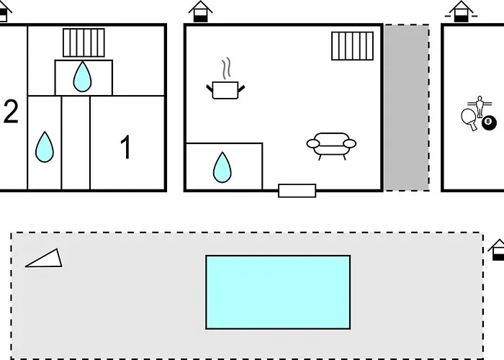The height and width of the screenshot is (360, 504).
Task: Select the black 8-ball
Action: (x=489, y=123)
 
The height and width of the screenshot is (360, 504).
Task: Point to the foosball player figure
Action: (x=480, y=107)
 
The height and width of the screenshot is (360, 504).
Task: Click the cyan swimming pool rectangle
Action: (x=278, y=292)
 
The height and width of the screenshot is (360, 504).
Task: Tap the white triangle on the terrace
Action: (x=45, y=258)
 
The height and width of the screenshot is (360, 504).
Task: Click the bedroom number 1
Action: (x=126, y=147)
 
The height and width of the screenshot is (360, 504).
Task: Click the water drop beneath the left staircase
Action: (x=82, y=76)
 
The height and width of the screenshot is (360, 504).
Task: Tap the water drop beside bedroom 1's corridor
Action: (x=45, y=147)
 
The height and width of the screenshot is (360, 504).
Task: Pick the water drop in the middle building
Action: (x=222, y=168)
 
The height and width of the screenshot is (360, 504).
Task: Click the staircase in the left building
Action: (x=84, y=42)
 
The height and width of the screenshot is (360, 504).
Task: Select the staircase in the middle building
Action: (x=352, y=46)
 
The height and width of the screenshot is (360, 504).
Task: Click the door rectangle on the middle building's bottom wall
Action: (x=297, y=191)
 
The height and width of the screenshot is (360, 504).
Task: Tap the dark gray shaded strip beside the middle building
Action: (x=407, y=108)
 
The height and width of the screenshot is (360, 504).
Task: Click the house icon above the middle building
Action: (x=201, y=12)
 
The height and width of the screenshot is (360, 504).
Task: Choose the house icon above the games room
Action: (x=462, y=12)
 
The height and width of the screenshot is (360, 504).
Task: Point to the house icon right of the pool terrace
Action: (x=497, y=250)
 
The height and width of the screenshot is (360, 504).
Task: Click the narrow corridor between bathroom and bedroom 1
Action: (x=76, y=143)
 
